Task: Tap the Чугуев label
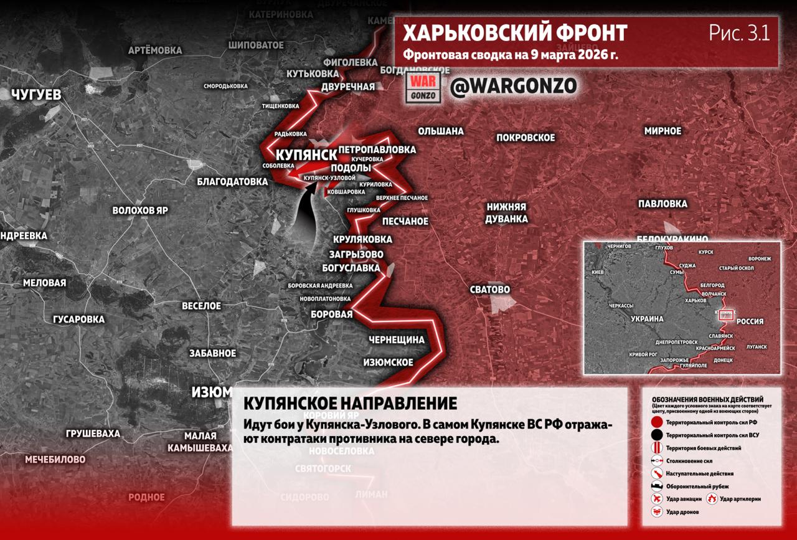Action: (x=36, y=95)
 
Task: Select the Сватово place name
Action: (x=490, y=290)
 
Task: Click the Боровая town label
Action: (x=332, y=315)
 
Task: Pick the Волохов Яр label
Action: (x=140, y=211)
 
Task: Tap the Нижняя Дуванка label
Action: (x=507, y=213)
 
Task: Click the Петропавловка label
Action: (x=377, y=150)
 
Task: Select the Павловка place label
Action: (x=663, y=204)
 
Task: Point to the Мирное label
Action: (x=663, y=131)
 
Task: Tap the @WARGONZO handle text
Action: (x=513, y=87)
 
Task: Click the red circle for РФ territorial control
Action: (x=656, y=422)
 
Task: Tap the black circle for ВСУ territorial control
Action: (x=656, y=435)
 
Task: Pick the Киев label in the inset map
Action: (x=598, y=273)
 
